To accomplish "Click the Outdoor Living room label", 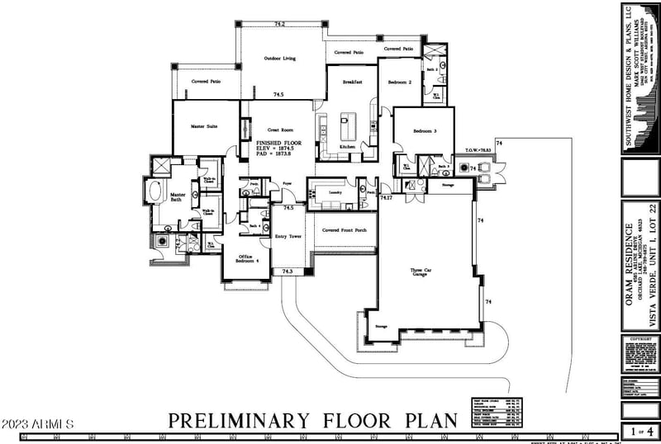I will tap(280, 59).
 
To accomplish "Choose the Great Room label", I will tap(281, 130).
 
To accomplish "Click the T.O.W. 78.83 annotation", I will tap(478, 150).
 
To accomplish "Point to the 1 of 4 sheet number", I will tap(640, 431).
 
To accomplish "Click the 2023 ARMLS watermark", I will tap(37, 424).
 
